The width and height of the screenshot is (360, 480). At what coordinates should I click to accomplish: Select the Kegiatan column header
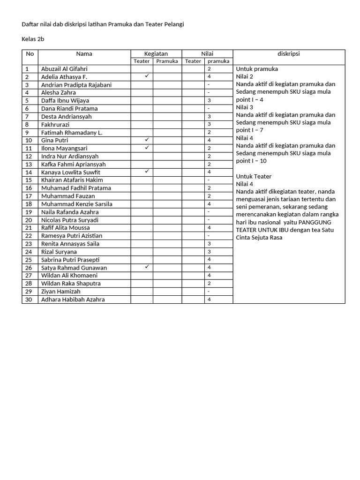(156, 54)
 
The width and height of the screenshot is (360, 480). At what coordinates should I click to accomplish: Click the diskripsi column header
(288, 54)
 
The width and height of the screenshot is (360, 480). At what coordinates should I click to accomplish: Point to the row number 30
(29, 300)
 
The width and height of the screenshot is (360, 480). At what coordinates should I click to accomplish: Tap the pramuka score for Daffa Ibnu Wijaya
(209, 100)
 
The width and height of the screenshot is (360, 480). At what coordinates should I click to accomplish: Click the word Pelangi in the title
(173, 24)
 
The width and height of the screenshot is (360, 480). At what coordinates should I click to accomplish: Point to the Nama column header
(84, 54)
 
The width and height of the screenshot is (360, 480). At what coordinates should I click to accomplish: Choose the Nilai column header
(207, 54)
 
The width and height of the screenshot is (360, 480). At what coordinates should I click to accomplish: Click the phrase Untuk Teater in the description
(254, 176)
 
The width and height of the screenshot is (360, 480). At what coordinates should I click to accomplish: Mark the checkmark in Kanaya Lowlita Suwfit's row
(147, 172)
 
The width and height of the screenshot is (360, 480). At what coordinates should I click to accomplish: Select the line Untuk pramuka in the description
(257, 69)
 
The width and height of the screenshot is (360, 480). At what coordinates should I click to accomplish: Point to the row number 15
(29, 180)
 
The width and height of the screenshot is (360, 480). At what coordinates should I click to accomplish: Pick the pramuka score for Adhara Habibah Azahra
(209, 300)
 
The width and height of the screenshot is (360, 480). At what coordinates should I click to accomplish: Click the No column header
(30, 54)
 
